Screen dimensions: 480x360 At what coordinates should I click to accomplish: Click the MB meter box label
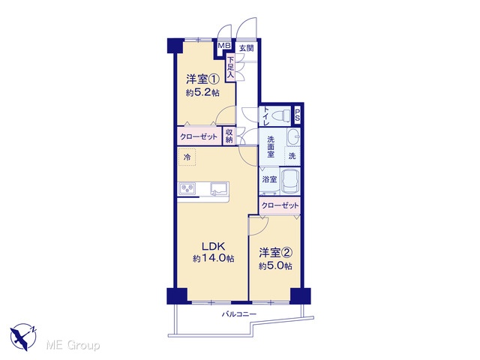(224, 46)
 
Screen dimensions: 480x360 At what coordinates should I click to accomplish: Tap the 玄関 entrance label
(247, 48)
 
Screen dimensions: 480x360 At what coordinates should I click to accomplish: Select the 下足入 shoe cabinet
(230, 67)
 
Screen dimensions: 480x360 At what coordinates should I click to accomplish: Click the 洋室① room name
(202, 79)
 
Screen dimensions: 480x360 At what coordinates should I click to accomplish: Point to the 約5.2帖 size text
(202, 92)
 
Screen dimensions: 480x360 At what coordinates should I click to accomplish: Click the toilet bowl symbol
(280, 116)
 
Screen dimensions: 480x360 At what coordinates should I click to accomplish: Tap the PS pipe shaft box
(297, 115)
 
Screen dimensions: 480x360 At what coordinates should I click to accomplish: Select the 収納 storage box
(229, 136)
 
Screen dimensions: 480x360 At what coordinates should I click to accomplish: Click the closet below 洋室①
(199, 136)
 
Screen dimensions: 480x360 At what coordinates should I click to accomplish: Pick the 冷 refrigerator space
(187, 157)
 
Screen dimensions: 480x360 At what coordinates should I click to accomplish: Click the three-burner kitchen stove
(187, 188)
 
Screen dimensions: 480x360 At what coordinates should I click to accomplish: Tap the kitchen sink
(220, 188)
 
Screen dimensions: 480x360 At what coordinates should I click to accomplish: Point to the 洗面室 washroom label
(271, 147)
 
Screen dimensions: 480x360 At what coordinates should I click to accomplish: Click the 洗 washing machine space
(292, 156)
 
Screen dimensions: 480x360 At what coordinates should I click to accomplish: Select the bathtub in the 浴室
(290, 181)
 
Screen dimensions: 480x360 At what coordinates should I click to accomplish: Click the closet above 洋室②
(280, 205)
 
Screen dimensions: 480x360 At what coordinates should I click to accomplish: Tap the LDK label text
(213, 246)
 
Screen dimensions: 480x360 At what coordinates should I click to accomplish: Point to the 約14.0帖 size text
(213, 259)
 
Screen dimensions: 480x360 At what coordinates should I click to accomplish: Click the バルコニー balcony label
(239, 314)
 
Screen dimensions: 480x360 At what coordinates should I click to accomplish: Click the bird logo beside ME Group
(23, 337)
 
